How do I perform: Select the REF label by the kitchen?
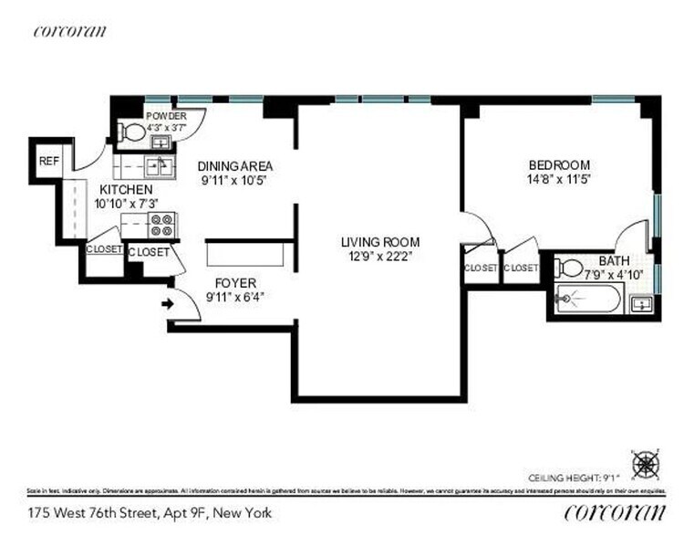point(48,161)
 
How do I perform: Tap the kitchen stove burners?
point(162,224)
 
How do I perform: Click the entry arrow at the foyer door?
point(167,303)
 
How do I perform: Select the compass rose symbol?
point(646,464)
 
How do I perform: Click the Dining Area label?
point(235,166)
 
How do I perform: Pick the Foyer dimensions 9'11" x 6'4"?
point(235,296)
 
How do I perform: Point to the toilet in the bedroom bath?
point(569,268)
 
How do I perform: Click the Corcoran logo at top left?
point(69,30)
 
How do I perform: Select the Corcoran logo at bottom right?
point(615,511)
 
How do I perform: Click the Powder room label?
point(166,116)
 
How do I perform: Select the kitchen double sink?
point(157,166)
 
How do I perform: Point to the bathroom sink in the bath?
point(642,304)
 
